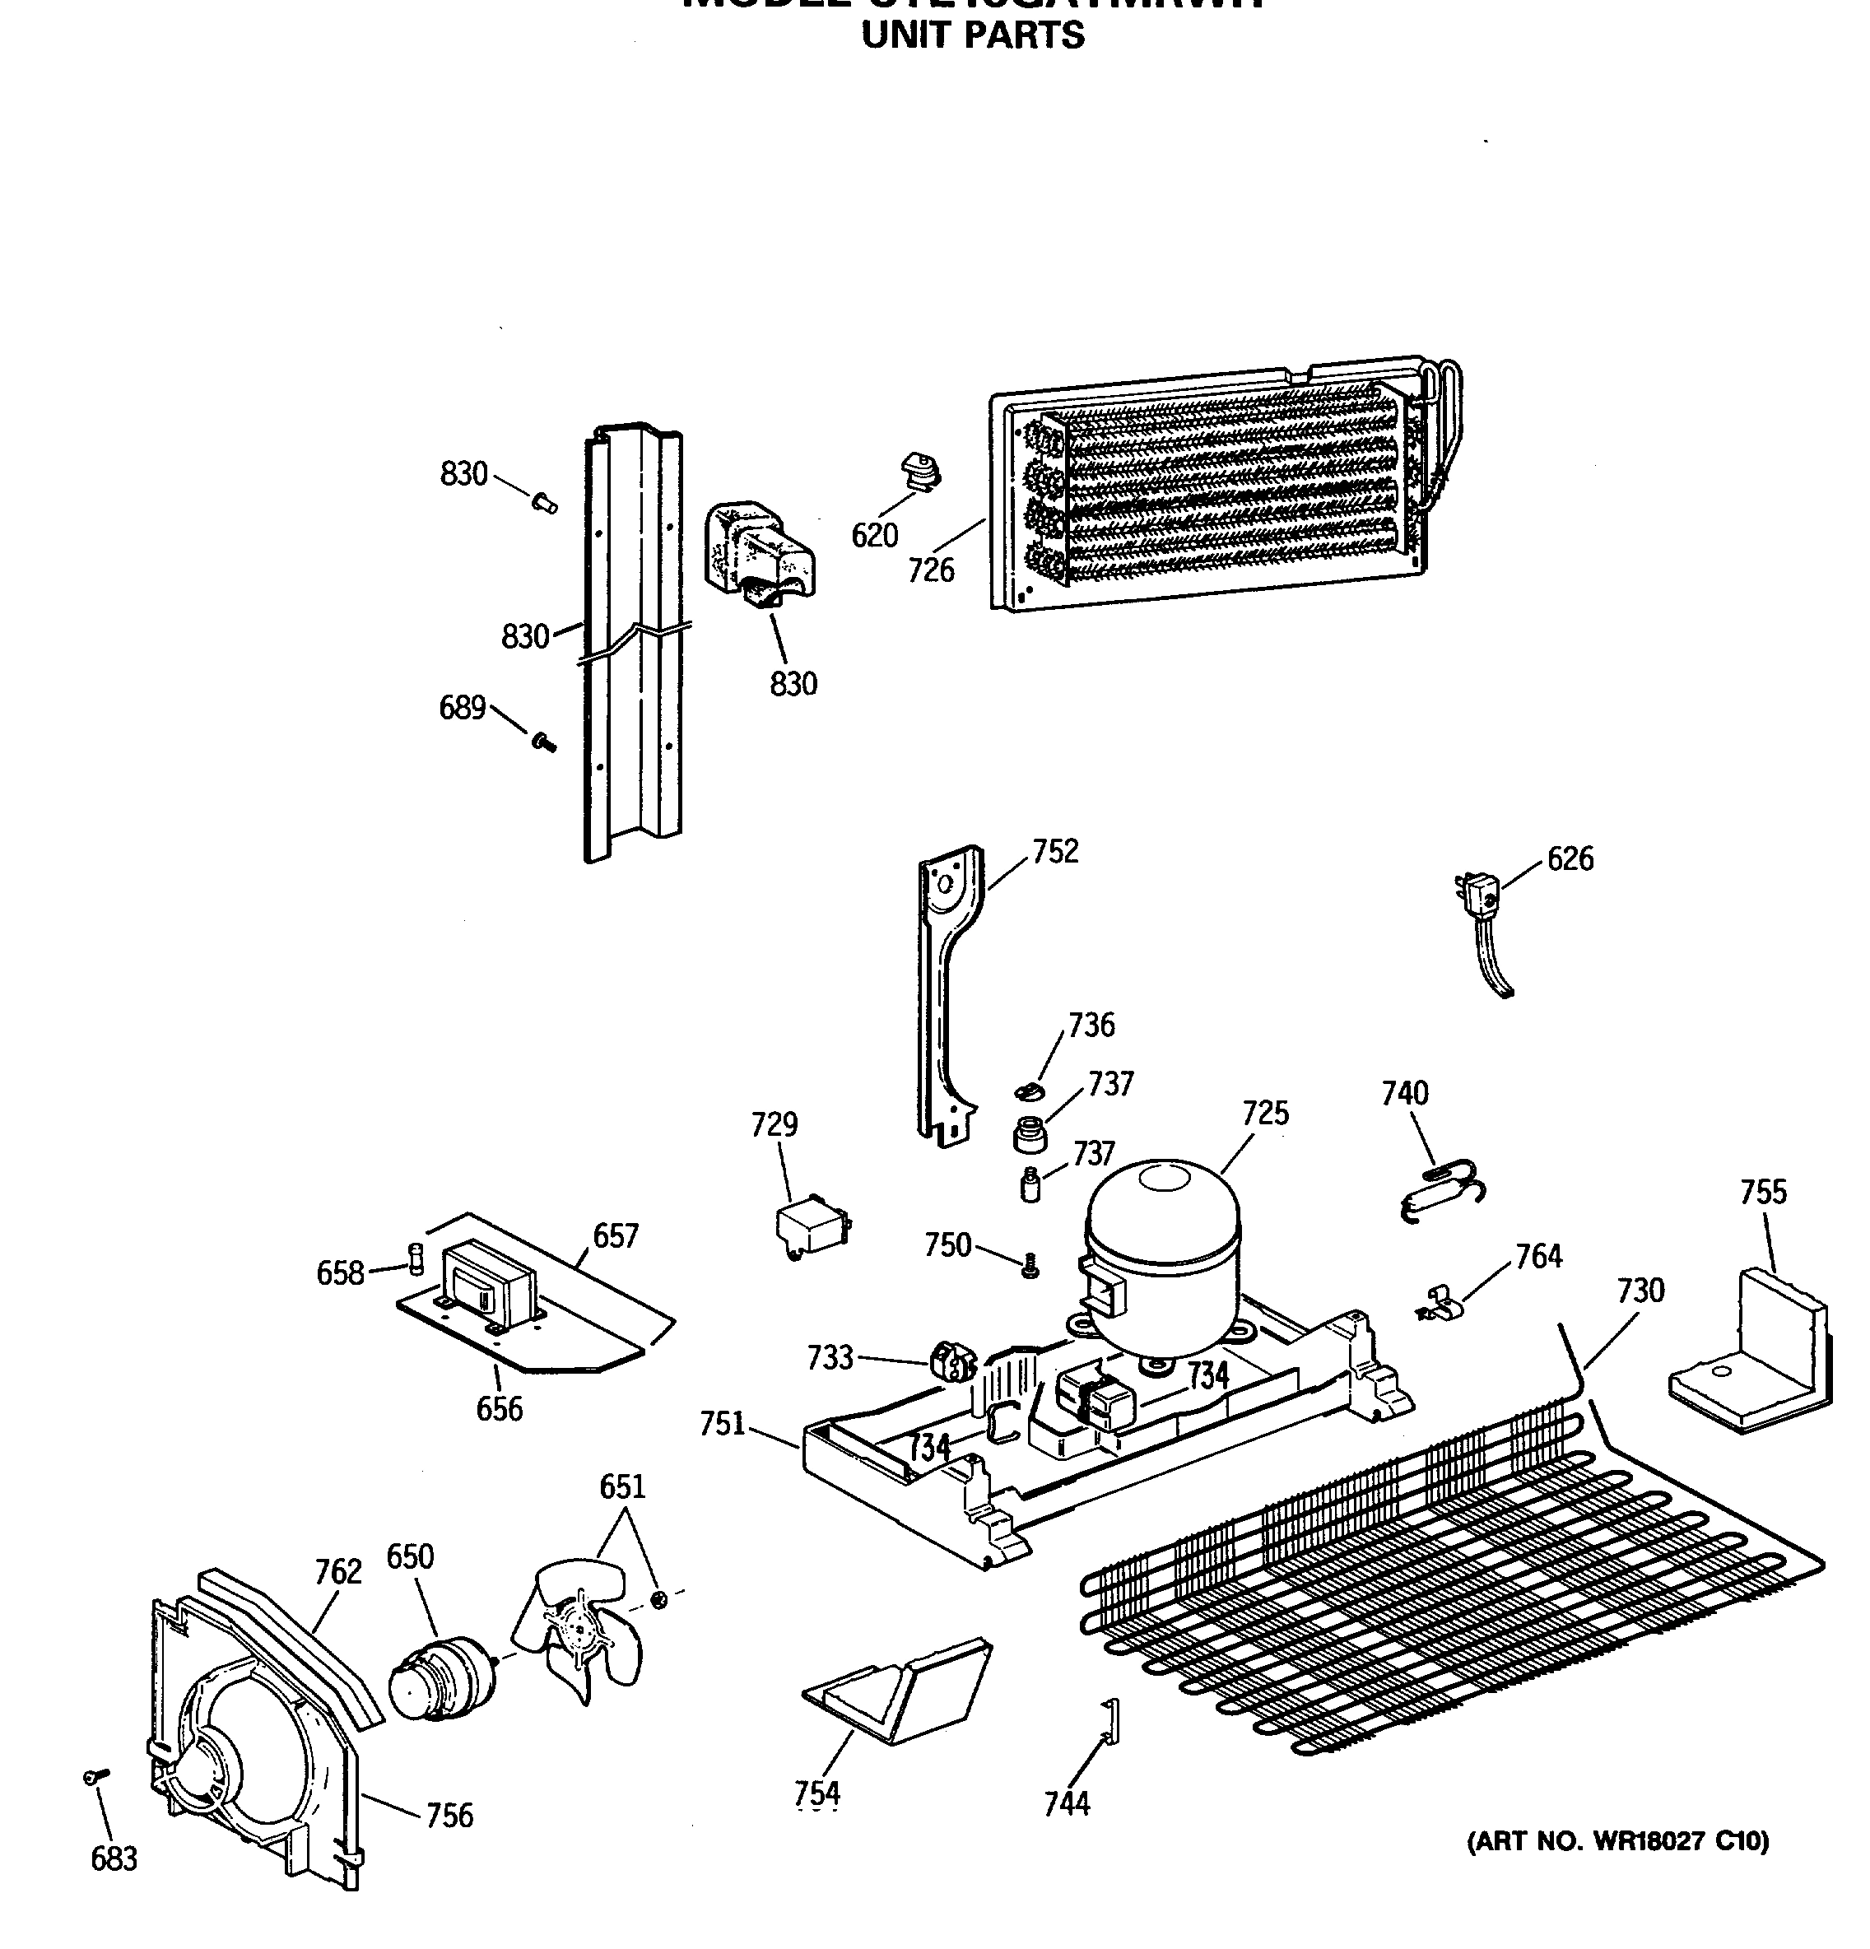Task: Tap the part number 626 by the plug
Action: tap(1570, 858)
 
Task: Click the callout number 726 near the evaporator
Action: tap(931, 570)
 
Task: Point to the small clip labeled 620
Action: tap(919, 472)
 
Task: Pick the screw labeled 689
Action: tap(542, 741)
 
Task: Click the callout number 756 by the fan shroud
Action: tap(449, 1816)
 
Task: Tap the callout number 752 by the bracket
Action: tap(1055, 851)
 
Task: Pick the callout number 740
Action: tap(1405, 1093)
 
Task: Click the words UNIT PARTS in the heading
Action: tap(972, 35)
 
